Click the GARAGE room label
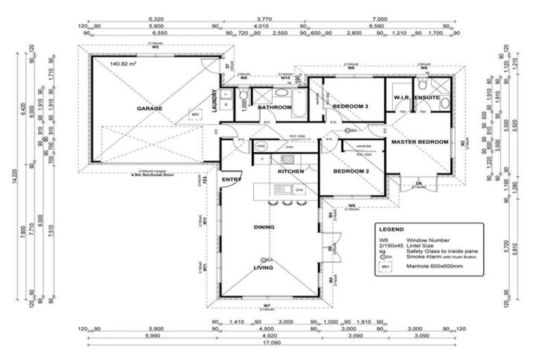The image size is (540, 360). coord(150,108)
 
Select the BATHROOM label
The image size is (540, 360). coord(274,108)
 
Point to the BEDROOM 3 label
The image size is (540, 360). coord(351,105)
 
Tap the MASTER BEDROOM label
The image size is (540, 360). coord(419,142)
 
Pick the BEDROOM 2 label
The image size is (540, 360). coord(351,172)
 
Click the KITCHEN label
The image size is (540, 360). coord(290,172)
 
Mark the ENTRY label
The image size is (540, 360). coord(231,180)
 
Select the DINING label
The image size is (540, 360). coord(264,227)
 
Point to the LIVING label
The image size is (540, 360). coord(264,268)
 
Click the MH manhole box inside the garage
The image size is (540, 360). coord(195,115)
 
